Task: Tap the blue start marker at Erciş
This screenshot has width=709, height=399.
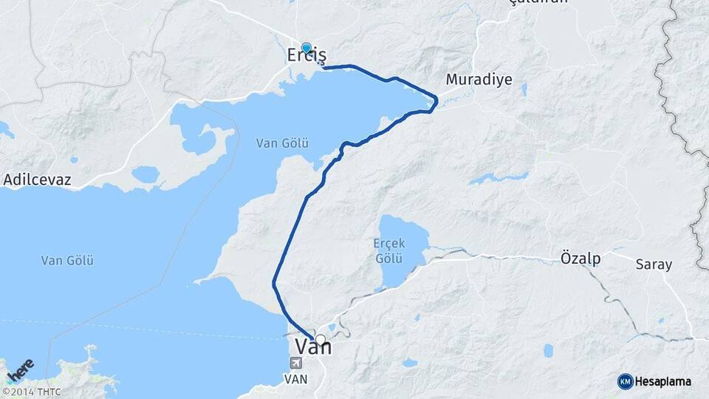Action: [306, 48]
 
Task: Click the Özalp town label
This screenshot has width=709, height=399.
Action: [580, 259]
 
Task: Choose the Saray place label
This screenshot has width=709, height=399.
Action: [654, 264]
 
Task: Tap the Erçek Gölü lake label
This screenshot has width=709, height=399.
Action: [388, 251]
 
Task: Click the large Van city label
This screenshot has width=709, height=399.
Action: [314, 346]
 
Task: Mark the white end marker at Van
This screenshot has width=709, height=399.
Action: [321, 340]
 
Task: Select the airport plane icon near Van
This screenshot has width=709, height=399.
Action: [296, 363]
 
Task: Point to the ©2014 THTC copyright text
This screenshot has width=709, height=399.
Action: [31, 392]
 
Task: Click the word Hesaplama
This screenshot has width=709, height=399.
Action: [662, 381]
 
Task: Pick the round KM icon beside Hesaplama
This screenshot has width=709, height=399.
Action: [625, 381]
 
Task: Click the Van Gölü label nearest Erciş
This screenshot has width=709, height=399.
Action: [281, 143]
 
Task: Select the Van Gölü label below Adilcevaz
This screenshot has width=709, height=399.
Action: [67, 260]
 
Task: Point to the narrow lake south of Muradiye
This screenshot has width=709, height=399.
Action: [499, 178]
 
